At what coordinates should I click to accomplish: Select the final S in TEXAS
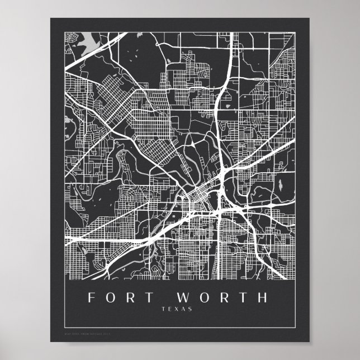(x=190, y=309)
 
